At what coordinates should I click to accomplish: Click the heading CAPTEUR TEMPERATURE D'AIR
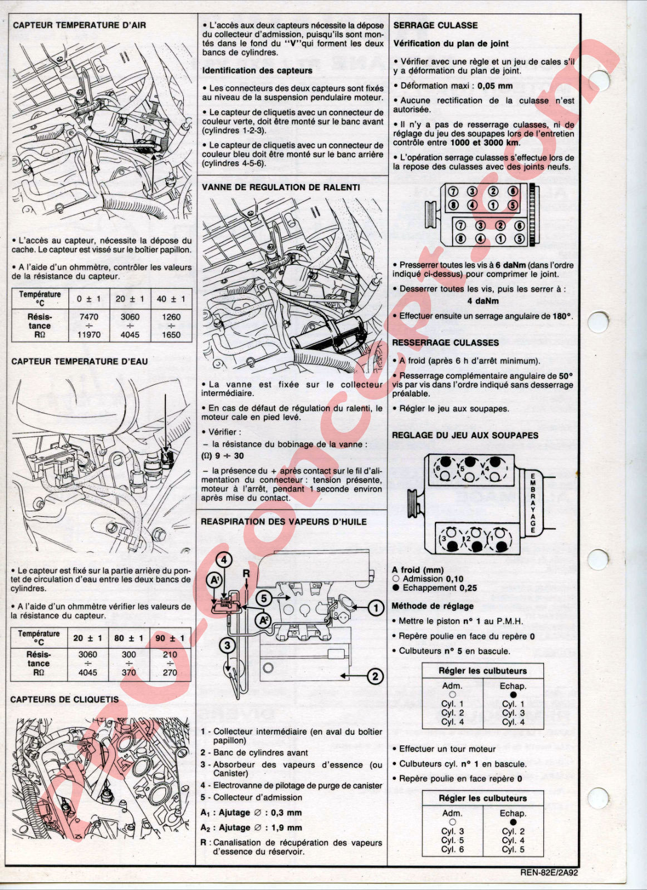[x=80, y=25]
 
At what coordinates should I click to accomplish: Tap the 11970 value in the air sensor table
[x=89, y=334]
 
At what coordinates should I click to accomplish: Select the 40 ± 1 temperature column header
[x=171, y=299]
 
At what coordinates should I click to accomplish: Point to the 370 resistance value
[x=129, y=673]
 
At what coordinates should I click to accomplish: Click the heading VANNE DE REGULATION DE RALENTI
[x=281, y=187]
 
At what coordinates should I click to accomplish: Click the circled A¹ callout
[x=214, y=581]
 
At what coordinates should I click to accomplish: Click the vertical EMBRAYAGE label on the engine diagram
[x=533, y=503]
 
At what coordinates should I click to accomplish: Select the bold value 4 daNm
[x=483, y=301]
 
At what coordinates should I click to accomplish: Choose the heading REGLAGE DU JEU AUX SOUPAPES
[x=465, y=436]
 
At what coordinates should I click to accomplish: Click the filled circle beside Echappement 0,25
[x=396, y=588]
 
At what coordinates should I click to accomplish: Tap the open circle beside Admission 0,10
[x=396, y=579]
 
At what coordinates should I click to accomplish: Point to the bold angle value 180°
[x=563, y=317]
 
